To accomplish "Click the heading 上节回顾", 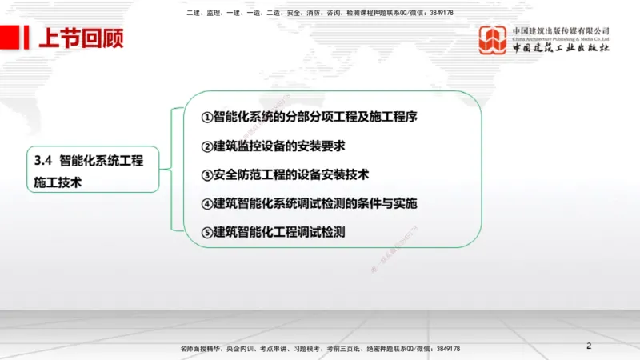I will (x=81, y=37).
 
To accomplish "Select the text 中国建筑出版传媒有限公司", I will (x=561, y=31).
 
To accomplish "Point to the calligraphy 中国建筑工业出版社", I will (x=561, y=49).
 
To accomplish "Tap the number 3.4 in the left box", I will (x=42, y=160).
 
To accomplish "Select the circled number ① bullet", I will (x=206, y=118).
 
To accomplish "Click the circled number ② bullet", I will (x=206, y=146).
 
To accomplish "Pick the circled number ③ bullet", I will (x=206, y=175).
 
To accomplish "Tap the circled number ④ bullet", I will (x=206, y=204).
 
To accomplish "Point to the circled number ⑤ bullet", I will (x=206, y=233).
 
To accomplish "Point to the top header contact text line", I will (x=319, y=13).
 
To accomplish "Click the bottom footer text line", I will (x=320, y=350).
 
